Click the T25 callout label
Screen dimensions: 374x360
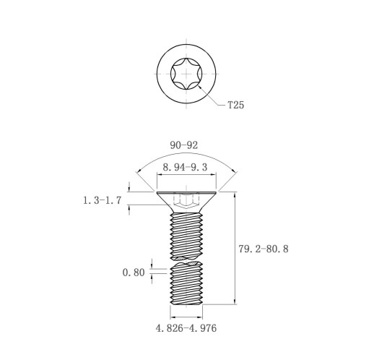[236, 105]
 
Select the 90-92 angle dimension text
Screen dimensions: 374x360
[184, 145]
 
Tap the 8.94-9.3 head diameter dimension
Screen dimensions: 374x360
[185, 167]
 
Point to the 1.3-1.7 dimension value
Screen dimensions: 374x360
[102, 200]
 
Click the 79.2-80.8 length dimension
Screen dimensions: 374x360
[264, 249]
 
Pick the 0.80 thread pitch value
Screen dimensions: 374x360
[134, 273]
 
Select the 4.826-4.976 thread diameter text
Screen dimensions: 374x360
[186, 328]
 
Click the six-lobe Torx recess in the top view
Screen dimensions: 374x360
[186, 74]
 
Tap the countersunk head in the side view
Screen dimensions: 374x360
[186, 202]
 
